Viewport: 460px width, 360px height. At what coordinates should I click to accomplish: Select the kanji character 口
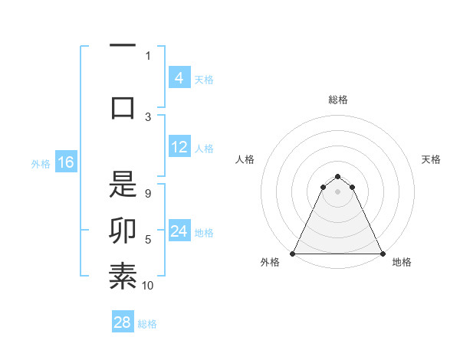123,106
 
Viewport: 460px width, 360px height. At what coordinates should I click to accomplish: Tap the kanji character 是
123,184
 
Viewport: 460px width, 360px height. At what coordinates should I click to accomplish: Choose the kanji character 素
123,277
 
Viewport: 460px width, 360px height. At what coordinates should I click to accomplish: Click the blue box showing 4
179,78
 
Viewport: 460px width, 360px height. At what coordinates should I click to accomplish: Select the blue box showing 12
179,148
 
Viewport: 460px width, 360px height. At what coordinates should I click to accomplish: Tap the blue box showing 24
179,231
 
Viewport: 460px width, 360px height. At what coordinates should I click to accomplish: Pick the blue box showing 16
65,162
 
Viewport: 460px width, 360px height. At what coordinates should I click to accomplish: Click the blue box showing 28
123,322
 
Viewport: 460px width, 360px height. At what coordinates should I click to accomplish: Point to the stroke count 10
148,286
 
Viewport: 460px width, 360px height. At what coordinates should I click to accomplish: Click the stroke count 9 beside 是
148,193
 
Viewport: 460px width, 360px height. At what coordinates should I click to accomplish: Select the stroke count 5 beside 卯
148,240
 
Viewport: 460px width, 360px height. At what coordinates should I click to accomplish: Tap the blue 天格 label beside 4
204,79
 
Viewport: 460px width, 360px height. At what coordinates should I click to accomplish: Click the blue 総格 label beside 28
147,324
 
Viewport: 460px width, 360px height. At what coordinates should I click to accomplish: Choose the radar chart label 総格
337,100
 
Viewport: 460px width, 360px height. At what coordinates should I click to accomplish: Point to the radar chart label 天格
431,159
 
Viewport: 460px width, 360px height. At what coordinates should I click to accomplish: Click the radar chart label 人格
245,159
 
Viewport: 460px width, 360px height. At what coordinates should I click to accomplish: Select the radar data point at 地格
382,253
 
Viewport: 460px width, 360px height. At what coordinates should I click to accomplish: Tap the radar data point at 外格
293,253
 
